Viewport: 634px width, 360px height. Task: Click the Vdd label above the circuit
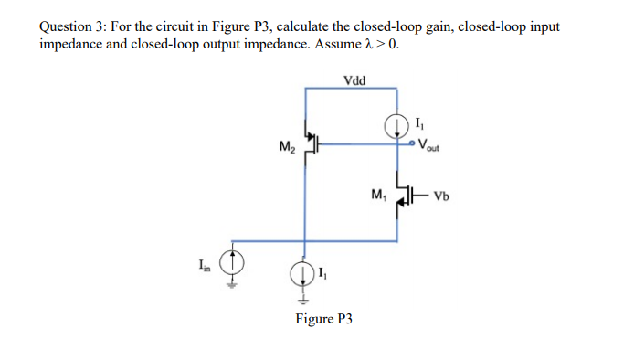[x=354, y=80]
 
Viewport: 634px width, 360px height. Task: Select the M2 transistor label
[x=286, y=146]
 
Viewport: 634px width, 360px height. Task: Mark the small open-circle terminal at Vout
[x=413, y=143]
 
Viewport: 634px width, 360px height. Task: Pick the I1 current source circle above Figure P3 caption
[x=305, y=274]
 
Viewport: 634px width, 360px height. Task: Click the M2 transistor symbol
[x=312, y=143]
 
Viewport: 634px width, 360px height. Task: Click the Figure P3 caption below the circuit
[x=323, y=319]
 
